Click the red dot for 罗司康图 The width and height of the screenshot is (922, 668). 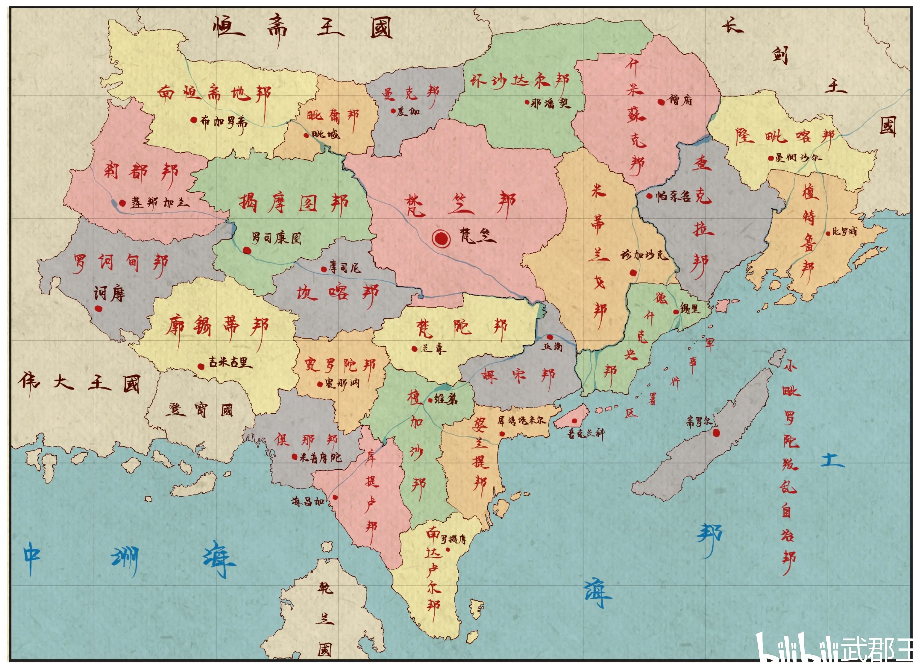(x=247, y=250)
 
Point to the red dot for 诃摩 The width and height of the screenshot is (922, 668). (x=98, y=308)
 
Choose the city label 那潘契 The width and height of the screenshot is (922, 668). (x=551, y=103)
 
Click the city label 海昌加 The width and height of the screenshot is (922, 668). (x=308, y=501)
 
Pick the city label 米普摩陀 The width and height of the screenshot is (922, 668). (x=320, y=458)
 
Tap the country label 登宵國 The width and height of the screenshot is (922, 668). (x=199, y=410)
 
